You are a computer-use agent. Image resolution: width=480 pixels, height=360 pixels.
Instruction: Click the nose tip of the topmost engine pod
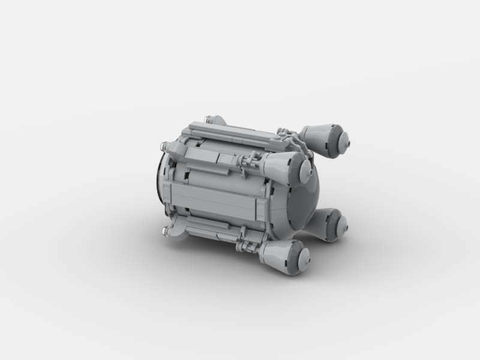[347, 142]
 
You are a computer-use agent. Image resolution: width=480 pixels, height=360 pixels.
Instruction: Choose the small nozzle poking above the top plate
[210, 119]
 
